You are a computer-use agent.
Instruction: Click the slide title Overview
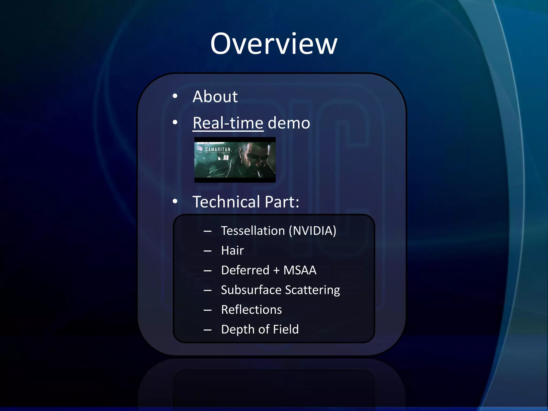point(274,44)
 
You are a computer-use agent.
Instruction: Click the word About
point(215,97)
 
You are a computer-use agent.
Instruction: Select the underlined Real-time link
point(228,123)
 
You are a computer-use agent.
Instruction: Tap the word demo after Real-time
point(289,123)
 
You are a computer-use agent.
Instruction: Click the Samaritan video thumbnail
point(235,160)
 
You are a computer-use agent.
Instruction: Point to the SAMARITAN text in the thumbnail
point(218,150)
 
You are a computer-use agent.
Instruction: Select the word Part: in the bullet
point(282,202)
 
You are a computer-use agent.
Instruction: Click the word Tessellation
point(253,231)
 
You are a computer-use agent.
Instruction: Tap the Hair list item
point(232,250)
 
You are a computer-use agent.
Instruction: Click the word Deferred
point(245,270)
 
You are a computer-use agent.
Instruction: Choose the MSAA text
point(300,270)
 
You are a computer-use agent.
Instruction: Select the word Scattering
point(313,290)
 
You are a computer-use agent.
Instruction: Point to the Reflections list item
point(251,310)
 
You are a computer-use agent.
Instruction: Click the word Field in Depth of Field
point(286,329)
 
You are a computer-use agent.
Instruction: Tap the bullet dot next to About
point(175,96)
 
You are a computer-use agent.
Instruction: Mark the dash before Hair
point(207,251)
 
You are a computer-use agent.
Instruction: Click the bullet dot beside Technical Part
point(175,201)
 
